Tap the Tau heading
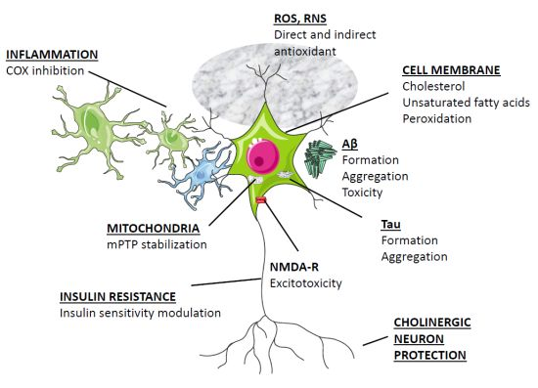(389, 224)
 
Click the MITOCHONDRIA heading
(152, 229)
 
